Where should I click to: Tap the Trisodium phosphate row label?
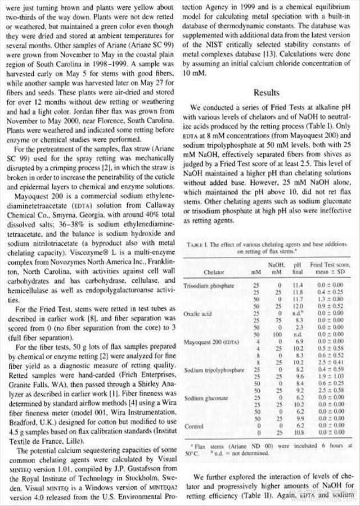209,286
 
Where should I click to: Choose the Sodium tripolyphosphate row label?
214,371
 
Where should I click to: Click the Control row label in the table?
194,426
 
